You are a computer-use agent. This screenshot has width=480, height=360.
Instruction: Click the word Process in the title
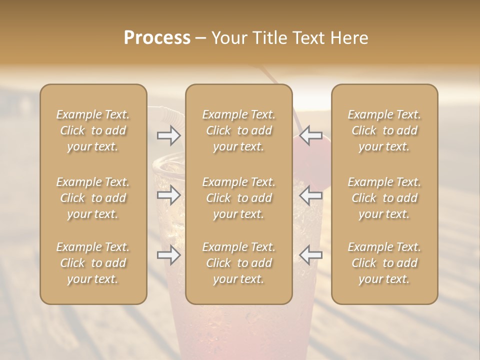pyautogui.click(x=157, y=38)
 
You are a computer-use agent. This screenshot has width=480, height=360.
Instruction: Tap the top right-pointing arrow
pyautogui.click(x=169, y=135)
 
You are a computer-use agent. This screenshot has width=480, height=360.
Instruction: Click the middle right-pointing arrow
pyautogui.click(x=169, y=195)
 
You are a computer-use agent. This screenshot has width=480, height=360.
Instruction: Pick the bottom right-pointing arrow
pyautogui.click(x=169, y=255)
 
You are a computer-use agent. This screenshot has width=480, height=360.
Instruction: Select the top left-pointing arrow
pyautogui.click(x=310, y=135)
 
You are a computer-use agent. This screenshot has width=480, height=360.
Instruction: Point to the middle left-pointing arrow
pyautogui.click(x=310, y=195)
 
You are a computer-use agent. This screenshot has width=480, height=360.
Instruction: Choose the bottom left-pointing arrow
pyautogui.click(x=310, y=255)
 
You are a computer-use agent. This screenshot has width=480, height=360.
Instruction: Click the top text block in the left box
pyautogui.click(x=93, y=130)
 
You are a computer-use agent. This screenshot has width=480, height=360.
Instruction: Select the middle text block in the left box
pyautogui.click(x=93, y=198)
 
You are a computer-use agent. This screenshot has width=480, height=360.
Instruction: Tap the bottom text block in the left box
pyautogui.click(x=93, y=263)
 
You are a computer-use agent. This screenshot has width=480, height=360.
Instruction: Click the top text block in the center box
pyautogui.click(x=238, y=130)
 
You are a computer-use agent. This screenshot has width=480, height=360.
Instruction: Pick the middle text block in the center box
pyautogui.click(x=238, y=198)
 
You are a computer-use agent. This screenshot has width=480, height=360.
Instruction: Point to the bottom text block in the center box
pyautogui.click(x=238, y=263)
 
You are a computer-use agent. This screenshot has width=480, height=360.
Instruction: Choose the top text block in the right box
pyautogui.click(x=384, y=130)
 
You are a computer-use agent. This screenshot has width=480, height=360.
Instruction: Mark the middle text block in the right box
pyautogui.click(x=384, y=198)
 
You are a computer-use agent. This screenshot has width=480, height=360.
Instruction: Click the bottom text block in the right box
pyautogui.click(x=384, y=263)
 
